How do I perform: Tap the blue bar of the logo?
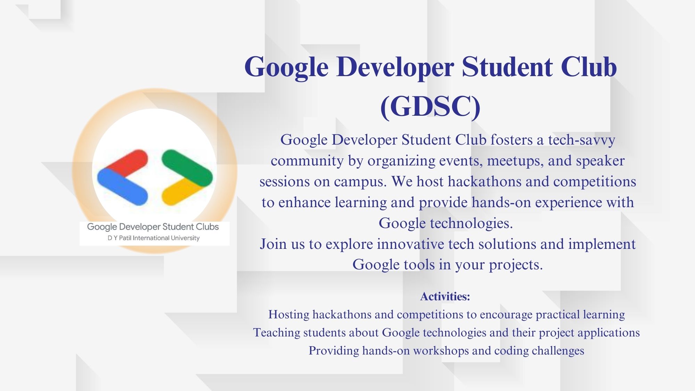(x=122, y=186)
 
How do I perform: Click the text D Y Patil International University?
(x=154, y=238)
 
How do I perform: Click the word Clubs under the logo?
(x=207, y=227)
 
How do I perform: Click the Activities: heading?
(x=445, y=296)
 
